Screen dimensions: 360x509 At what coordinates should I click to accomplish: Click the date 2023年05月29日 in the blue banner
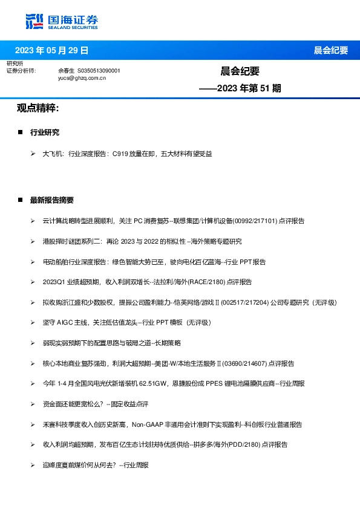[x=51, y=50]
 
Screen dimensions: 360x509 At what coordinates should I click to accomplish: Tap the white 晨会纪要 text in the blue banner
[x=330, y=50]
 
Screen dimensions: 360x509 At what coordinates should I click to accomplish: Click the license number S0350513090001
[x=99, y=71]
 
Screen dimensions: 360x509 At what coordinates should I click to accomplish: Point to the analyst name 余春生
[x=66, y=71]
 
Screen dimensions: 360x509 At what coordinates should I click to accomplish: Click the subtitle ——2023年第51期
[x=240, y=88]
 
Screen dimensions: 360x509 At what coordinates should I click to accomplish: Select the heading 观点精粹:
[x=38, y=108]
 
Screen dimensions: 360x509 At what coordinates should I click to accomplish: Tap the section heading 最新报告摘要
[x=52, y=200]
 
